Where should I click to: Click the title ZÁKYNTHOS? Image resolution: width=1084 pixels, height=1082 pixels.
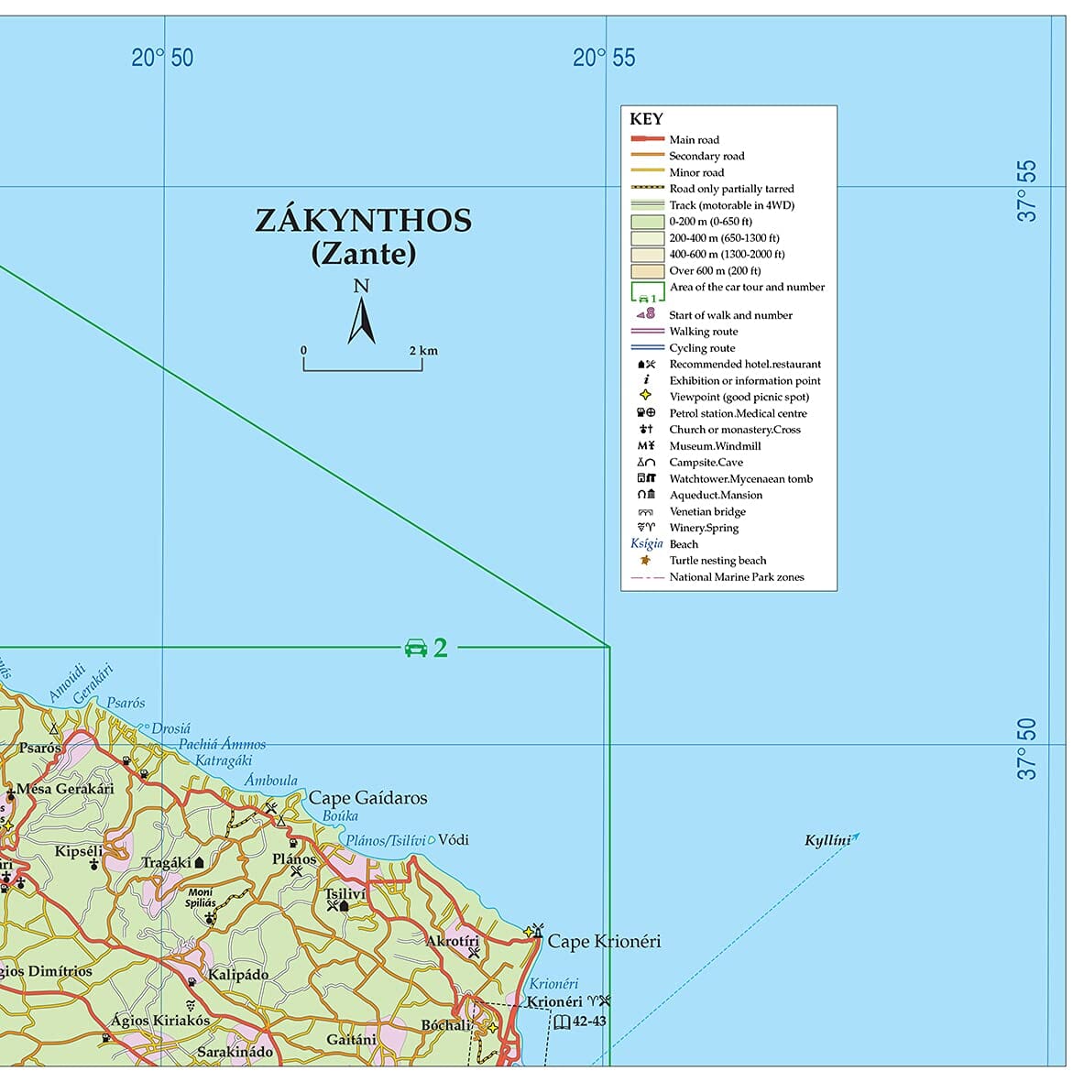pyautogui.click(x=363, y=221)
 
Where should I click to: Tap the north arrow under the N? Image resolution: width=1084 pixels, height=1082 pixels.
pyautogui.click(x=362, y=322)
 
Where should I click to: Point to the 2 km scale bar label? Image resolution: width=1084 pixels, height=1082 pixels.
pyautogui.click(x=423, y=351)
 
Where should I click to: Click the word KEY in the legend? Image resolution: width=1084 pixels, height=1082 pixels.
pyautogui.click(x=646, y=119)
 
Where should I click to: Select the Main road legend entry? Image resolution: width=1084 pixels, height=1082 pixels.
pyautogui.click(x=694, y=140)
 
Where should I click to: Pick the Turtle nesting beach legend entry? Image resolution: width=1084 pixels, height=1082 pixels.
pyautogui.click(x=717, y=561)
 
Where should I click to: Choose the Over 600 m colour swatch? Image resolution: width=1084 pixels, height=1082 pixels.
pyautogui.click(x=647, y=271)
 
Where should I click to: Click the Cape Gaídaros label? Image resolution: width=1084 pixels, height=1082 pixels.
pyautogui.click(x=367, y=798)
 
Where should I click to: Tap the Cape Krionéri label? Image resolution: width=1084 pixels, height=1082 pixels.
pyautogui.click(x=604, y=942)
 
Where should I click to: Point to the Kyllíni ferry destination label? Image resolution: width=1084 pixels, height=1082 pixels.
pyautogui.click(x=827, y=841)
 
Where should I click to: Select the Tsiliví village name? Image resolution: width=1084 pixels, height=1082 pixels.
pyautogui.click(x=345, y=893)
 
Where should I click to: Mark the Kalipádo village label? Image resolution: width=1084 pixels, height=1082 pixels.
pyautogui.click(x=238, y=974)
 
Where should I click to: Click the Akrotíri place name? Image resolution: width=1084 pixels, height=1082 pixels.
pyautogui.click(x=453, y=941)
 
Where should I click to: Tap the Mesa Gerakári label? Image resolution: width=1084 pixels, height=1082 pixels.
pyautogui.click(x=65, y=789)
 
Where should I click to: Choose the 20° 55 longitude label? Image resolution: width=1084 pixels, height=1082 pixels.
pyautogui.click(x=604, y=58)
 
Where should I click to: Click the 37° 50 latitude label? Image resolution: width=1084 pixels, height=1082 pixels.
pyautogui.click(x=1027, y=749)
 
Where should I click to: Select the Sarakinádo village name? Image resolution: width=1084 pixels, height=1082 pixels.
pyautogui.click(x=235, y=1052)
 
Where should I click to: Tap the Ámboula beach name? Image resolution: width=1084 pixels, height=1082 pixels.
pyautogui.click(x=271, y=781)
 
